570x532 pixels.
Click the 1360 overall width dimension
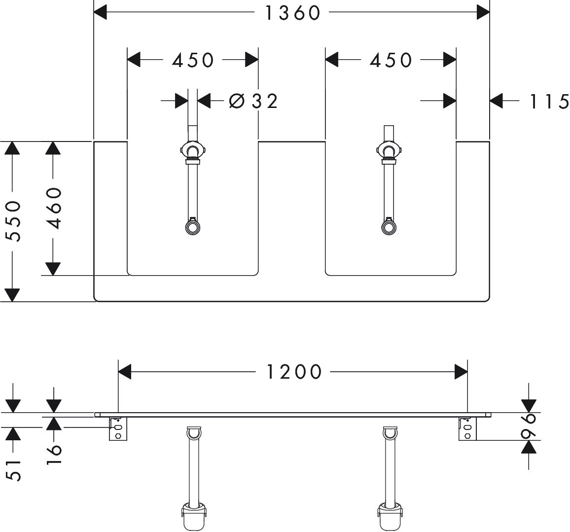pos(293,13)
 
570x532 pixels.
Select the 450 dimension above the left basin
pos(193,60)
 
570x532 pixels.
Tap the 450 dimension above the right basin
pos(391,60)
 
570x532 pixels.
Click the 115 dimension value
pos(549,102)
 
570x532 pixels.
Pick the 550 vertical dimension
pos(15,220)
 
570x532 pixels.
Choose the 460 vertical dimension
pos(54,208)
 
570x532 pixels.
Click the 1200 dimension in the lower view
pos(294,372)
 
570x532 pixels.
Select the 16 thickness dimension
pos(54,450)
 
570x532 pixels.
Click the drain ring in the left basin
pos(192,227)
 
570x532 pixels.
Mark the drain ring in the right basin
pos(389,227)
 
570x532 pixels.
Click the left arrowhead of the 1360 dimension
pos(100,12)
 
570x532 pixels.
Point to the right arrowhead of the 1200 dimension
pos(461,372)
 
